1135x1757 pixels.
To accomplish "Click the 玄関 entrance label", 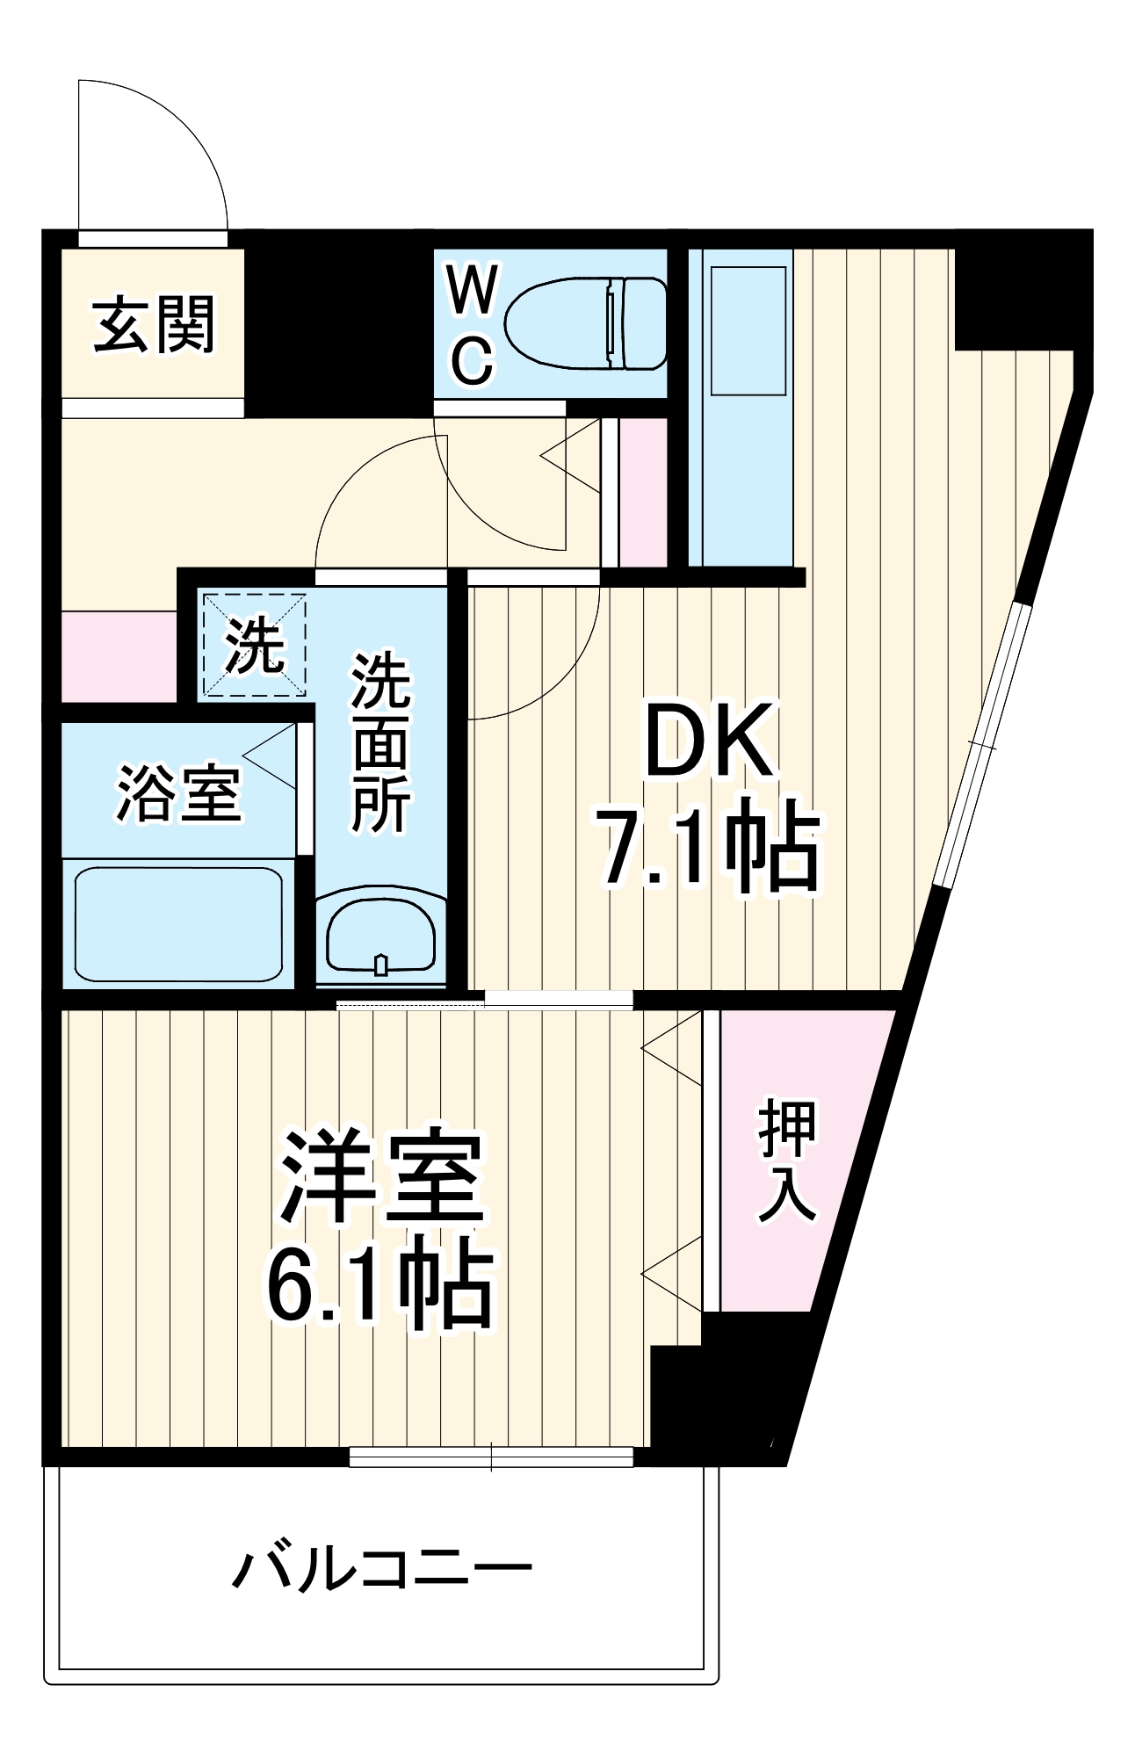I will tap(154, 324).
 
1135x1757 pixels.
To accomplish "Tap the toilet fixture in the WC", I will tap(584, 322).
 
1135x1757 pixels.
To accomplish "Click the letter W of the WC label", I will tap(472, 290).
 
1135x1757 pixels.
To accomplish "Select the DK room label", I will tap(710, 741).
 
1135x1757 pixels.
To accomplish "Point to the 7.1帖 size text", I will tap(708, 844).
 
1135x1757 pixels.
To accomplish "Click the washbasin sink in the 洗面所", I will tap(380, 937).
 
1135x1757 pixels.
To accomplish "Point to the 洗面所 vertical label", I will tap(380, 742).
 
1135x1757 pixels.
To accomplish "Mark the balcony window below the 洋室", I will tap(491, 1457).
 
